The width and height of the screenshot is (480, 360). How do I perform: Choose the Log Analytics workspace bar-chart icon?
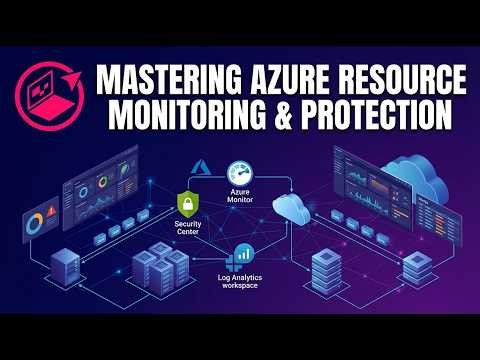coord(241,255)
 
